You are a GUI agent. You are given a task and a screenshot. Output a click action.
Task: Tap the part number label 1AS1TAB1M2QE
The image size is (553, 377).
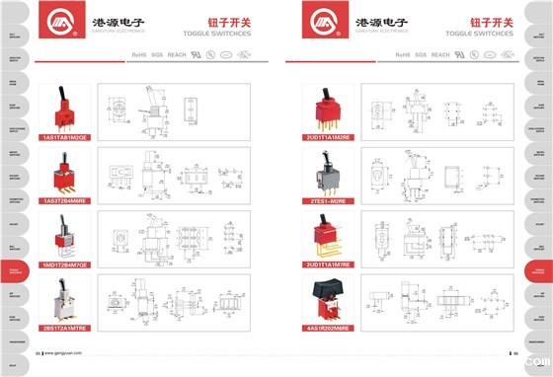(65, 138)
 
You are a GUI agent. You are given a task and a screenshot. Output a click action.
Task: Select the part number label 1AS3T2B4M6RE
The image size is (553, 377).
(65, 201)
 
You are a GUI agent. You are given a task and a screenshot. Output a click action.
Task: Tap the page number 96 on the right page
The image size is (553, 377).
(513, 353)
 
